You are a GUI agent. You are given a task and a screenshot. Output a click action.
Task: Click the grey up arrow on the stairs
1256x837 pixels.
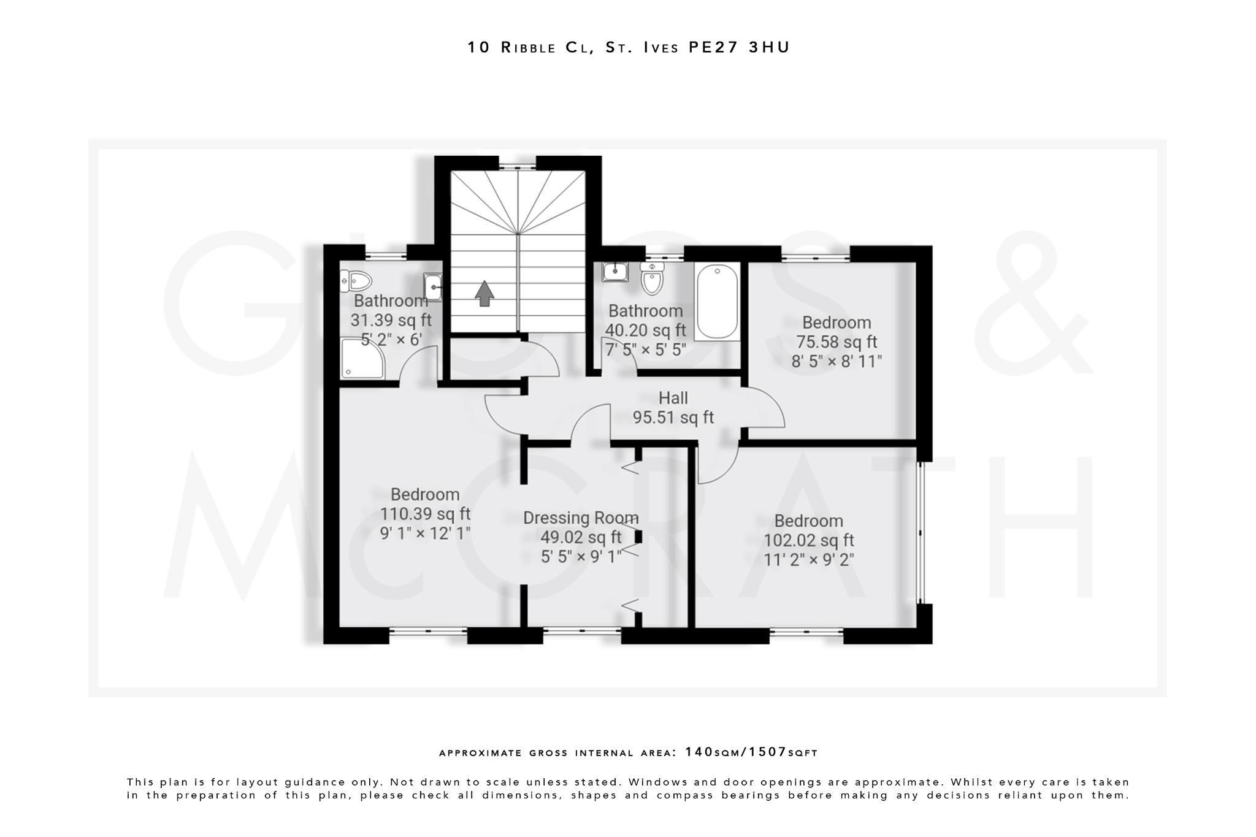484,293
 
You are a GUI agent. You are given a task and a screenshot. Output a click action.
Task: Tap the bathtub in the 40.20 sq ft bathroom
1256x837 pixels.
717,302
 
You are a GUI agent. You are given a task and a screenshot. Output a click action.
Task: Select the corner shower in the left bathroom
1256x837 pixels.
362,359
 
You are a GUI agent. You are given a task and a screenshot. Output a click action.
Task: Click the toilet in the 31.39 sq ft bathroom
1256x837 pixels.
357,282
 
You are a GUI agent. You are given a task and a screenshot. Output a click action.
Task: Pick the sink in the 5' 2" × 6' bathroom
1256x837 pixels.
433,287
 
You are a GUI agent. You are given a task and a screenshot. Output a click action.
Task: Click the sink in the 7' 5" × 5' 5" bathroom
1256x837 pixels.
614,270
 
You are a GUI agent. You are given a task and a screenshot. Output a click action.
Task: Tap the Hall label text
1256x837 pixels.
673,398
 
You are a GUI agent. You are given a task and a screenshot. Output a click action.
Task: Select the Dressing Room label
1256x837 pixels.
580,518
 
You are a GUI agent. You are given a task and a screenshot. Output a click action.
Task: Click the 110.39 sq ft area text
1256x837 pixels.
425,514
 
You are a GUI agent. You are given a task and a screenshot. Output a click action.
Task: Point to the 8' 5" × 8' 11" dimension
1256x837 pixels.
837,361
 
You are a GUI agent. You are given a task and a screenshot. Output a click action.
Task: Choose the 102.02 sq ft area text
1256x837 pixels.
808,540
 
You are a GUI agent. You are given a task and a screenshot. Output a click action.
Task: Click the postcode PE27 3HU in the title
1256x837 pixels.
739,47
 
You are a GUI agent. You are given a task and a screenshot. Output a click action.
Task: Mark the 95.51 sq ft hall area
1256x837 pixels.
673,418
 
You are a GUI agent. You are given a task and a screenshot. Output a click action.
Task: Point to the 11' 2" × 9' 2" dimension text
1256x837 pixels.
808,560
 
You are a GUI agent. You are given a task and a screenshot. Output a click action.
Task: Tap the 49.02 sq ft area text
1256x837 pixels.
580,538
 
